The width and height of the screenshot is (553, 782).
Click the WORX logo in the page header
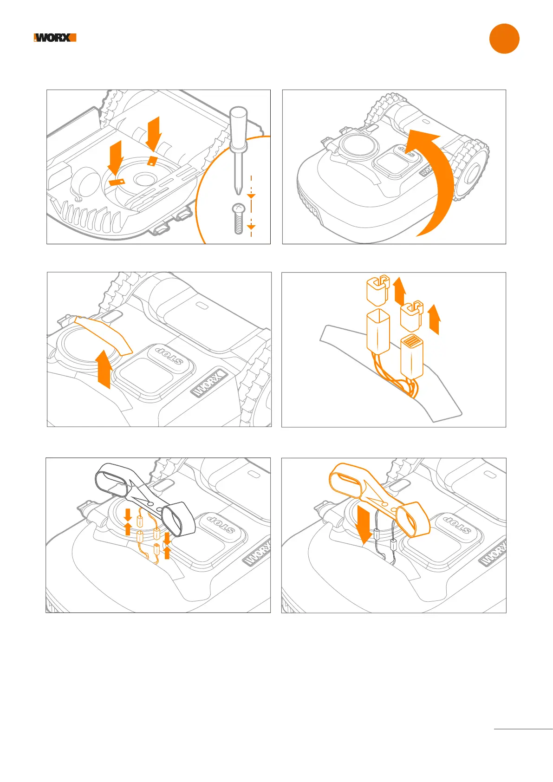tap(55, 38)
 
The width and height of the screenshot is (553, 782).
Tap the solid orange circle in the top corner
tap(504, 39)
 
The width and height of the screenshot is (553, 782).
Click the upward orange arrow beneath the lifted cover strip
tap(104, 369)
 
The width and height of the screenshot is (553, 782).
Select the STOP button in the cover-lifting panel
tap(170, 356)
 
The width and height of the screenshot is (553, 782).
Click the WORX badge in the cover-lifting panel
tap(209, 383)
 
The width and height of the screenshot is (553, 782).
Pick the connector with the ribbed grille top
tap(412, 356)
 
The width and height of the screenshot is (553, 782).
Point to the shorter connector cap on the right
tap(410, 315)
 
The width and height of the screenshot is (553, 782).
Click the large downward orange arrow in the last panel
tap(365, 524)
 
